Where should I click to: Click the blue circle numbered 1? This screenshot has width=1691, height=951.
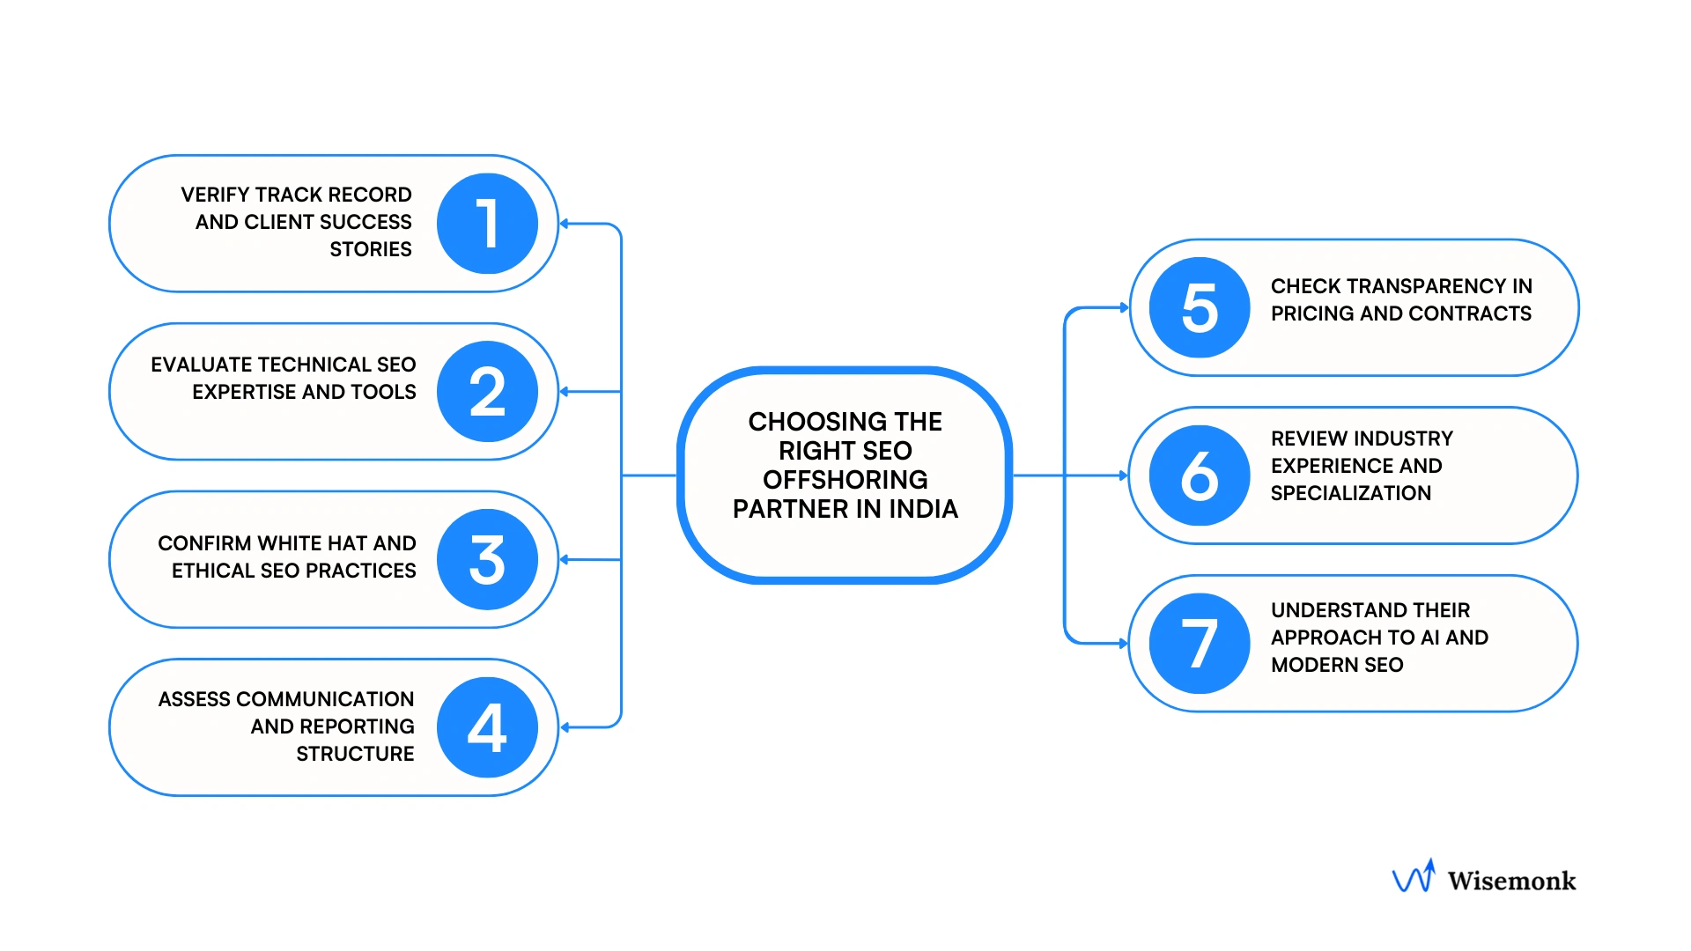click(487, 224)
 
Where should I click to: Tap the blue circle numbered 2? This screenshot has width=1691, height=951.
click(487, 392)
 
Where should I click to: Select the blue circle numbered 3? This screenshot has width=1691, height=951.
click(487, 560)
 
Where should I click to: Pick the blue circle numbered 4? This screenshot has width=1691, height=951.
click(487, 727)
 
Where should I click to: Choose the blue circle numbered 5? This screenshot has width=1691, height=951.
click(1200, 307)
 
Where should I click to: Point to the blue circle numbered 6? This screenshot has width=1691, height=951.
click(1200, 475)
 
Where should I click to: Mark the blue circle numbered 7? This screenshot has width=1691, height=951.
click(1200, 644)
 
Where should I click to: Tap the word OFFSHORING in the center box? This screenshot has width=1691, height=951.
click(845, 480)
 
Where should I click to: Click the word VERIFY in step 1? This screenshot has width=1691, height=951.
click(215, 195)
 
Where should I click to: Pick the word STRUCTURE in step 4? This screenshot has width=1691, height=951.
click(355, 754)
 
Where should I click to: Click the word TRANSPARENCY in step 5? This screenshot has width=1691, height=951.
click(1426, 286)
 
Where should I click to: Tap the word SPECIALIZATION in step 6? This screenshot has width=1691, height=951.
click(1350, 493)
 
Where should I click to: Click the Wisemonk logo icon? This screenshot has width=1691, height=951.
click(1414, 877)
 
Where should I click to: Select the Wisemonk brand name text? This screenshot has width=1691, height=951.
click(1511, 881)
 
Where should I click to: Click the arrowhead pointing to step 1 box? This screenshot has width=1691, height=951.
click(565, 224)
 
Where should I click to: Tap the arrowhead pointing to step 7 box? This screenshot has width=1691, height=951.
click(1123, 644)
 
